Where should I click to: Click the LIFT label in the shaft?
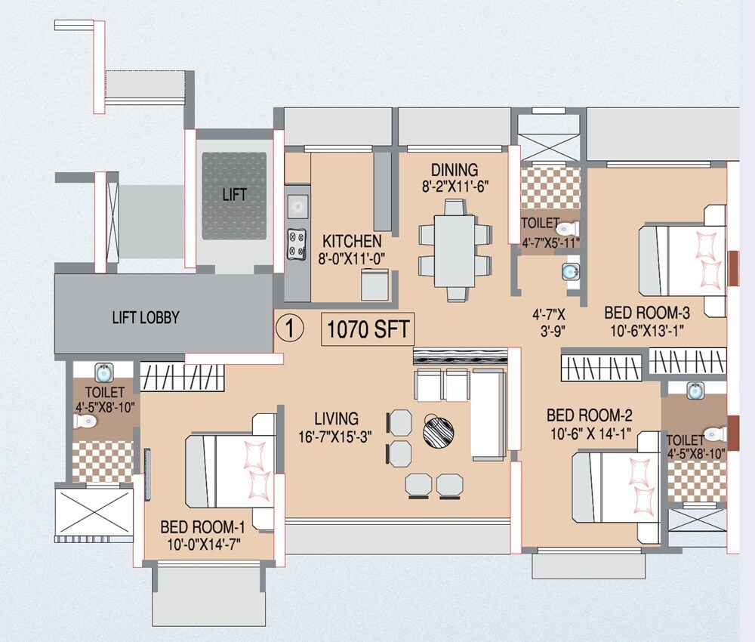point(235,195)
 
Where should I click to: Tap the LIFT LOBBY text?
point(146,317)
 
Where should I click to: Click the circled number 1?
point(289,329)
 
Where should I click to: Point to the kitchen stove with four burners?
point(297,242)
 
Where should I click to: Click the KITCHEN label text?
point(352,242)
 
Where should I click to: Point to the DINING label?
point(455,169)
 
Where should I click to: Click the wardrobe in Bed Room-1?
point(182,376)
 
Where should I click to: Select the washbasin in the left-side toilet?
point(103,372)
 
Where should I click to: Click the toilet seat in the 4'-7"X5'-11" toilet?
point(567,228)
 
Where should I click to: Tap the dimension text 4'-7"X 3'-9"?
point(549,321)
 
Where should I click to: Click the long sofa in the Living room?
point(488,415)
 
